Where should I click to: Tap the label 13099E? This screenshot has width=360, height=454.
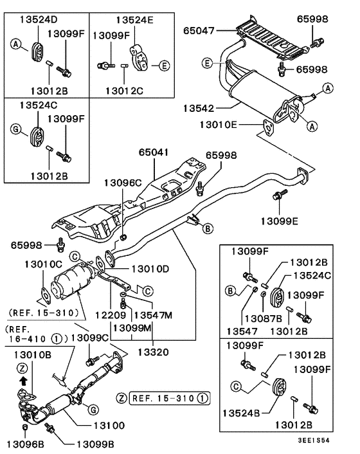point(280,221)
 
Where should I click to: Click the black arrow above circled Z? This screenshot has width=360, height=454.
point(23,380)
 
